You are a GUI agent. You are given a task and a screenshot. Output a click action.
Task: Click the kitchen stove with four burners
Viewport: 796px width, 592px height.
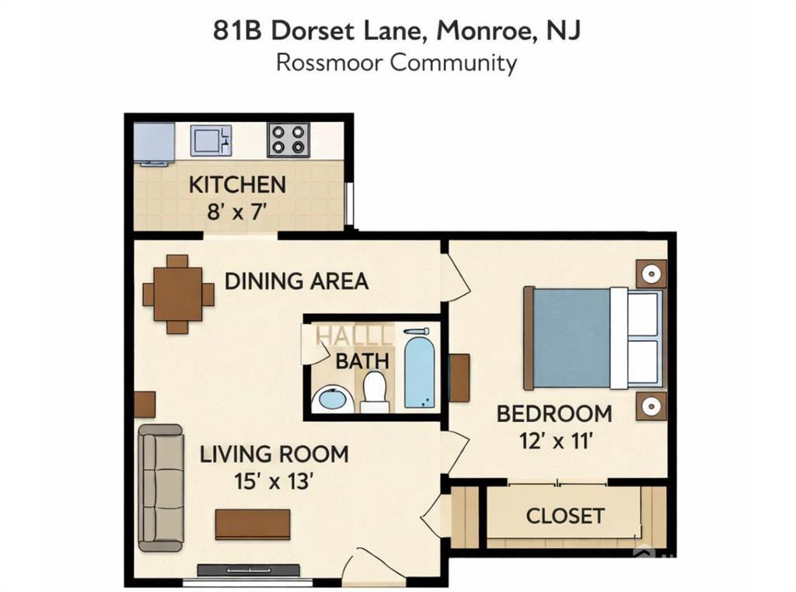pos(288,140)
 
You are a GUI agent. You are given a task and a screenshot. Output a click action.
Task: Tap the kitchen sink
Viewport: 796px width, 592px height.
pos(211,141)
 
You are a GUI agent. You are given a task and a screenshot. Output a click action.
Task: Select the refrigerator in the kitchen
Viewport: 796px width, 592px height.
pos(154,143)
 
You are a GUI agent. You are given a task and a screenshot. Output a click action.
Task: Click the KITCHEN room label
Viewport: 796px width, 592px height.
pos(238,185)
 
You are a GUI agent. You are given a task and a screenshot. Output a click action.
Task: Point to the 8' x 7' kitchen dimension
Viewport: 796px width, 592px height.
pos(237,211)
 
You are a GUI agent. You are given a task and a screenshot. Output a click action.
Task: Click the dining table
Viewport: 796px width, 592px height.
pos(178,294)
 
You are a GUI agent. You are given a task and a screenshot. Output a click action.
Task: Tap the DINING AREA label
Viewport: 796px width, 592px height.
pos(296,281)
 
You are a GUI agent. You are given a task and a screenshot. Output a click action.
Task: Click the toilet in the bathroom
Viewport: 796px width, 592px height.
pos(375,392)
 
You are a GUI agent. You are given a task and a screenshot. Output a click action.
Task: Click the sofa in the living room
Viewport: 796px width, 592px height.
pos(160,488)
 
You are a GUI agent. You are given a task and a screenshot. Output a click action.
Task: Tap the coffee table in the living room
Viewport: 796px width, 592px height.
pos(253,524)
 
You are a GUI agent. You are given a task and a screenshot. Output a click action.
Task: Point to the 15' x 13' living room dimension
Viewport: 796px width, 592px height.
pos(272,481)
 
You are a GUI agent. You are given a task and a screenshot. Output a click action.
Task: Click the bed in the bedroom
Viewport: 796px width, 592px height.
pos(593,338)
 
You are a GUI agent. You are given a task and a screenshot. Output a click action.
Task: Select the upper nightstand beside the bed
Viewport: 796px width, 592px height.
pos(651,274)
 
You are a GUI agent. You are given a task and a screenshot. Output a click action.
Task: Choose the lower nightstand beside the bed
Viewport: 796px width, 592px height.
pos(651,406)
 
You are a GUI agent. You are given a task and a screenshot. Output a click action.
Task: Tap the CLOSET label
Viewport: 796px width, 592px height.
pos(565,516)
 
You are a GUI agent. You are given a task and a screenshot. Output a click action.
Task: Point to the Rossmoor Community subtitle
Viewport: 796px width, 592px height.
pos(396,63)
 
